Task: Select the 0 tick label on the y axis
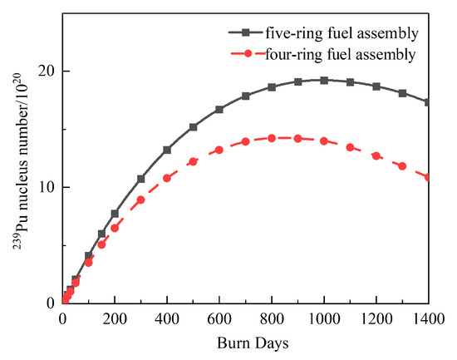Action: [x=51, y=303]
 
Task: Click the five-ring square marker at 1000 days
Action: [x=324, y=80]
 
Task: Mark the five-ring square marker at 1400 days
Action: [x=428, y=102]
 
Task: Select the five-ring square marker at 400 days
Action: [x=167, y=150]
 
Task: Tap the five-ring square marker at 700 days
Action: [x=246, y=96]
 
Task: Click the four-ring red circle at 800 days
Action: [x=272, y=138]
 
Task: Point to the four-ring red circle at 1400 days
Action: [x=428, y=177]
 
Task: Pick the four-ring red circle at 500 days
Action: [x=194, y=161]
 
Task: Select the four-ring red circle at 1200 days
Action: [x=376, y=155]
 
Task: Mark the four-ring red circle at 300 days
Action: [x=141, y=200]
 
